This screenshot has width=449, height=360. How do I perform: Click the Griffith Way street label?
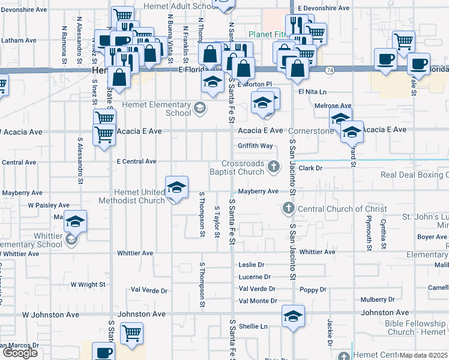(x=255, y=146)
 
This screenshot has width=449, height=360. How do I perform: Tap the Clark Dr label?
(x=310, y=169)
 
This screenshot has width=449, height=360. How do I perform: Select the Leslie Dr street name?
(x=252, y=265)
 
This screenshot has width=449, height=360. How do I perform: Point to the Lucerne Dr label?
(x=255, y=277)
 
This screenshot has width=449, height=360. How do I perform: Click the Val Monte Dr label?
(x=257, y=301)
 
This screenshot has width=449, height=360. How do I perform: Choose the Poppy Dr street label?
(x=314, y=290)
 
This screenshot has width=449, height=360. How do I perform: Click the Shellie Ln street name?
(x=253, y=326)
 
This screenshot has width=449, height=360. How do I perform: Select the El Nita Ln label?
(x=312, y=92)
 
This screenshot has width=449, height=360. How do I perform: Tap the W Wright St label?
(x=88, y=284)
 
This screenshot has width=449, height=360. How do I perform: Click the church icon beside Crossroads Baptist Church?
(x=274, y=166)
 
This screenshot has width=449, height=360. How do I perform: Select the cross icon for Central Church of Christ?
(x=288, y=208)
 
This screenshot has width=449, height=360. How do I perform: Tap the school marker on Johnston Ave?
(x=293, y=316)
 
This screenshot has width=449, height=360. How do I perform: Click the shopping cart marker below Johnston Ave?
(x=131, y=334)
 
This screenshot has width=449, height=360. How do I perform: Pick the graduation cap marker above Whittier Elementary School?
(x=76, y=222)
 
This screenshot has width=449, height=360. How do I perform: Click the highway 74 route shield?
(x=330, y=70)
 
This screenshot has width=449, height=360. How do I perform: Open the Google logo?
(x=20, y=353)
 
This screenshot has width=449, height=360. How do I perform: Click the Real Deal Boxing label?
(x=415, y=175)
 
